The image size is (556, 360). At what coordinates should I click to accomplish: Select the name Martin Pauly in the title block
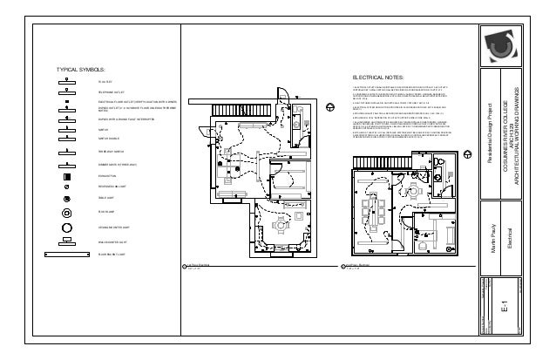click(x=492, y=235)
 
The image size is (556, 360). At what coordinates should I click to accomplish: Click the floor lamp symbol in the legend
click(x=66, y=212)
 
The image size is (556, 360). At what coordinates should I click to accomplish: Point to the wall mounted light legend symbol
click(x=66, y=240)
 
